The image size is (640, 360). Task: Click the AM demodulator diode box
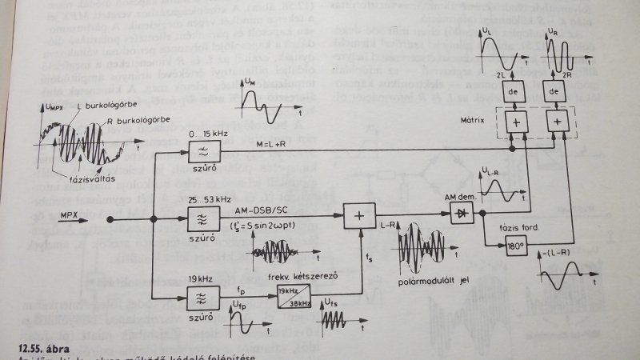coord(458,214)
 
